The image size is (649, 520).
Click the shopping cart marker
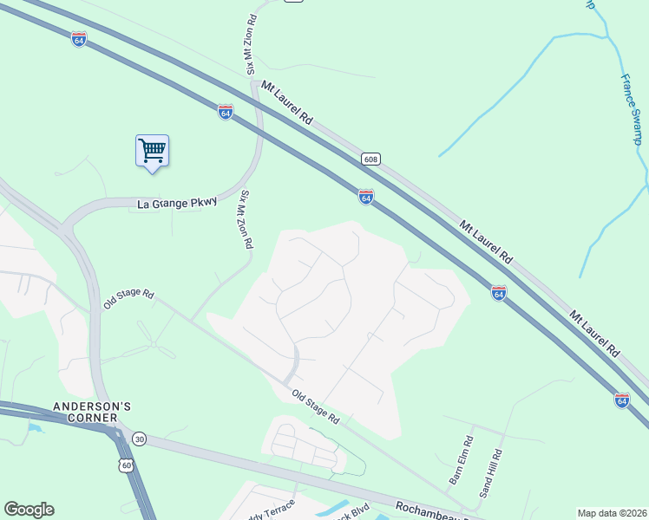152,151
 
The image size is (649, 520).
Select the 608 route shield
371,159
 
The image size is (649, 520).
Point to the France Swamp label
633,108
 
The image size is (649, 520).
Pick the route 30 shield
141,439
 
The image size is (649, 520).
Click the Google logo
29,510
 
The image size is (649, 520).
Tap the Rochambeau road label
429,510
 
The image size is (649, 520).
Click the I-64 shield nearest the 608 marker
366,198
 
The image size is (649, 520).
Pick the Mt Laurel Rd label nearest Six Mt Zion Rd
286,103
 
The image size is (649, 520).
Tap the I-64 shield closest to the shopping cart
226,112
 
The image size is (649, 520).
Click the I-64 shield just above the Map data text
622,400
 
